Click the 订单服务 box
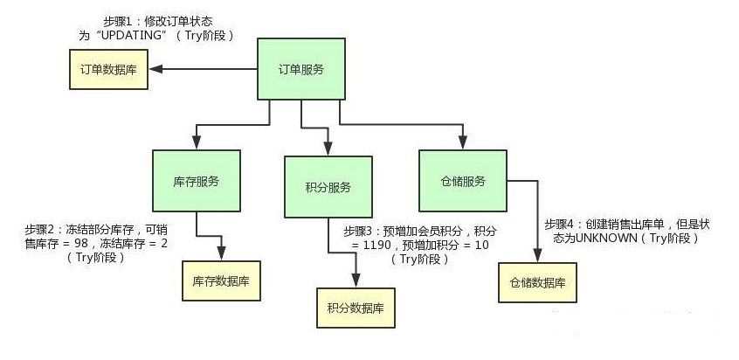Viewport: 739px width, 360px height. (297, 70)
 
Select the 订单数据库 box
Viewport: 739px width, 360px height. (108, 71)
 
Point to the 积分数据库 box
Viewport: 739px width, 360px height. (356, 308)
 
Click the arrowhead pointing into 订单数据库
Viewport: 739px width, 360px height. (154, 71)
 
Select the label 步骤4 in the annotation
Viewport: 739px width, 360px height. (562, 223)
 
